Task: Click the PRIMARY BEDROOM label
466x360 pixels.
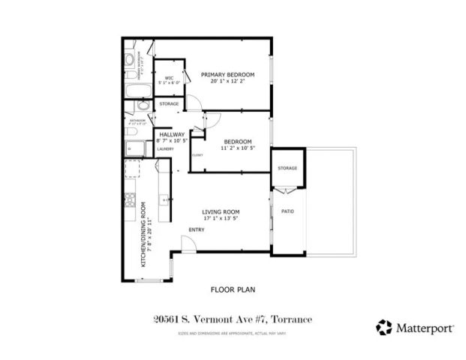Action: (x=227, y=74)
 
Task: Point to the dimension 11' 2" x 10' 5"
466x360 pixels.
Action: (x=236, y=148)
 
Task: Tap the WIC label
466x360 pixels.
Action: (x=170, y=77)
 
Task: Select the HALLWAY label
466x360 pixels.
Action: (x=171, y=134)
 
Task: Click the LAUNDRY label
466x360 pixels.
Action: (x=165, y=148)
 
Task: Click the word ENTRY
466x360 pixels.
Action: (x=197, y=229)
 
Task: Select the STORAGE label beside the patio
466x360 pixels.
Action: (x=287, y=168)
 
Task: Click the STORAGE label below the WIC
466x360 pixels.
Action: (x=169, y=103)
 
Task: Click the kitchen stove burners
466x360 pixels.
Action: (x=130, y=200)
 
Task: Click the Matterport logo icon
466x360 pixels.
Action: (x=384, y=326)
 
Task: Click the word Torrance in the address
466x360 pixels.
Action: (x=289, y=319)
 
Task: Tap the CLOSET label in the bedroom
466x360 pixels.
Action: (x=197, y=155)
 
